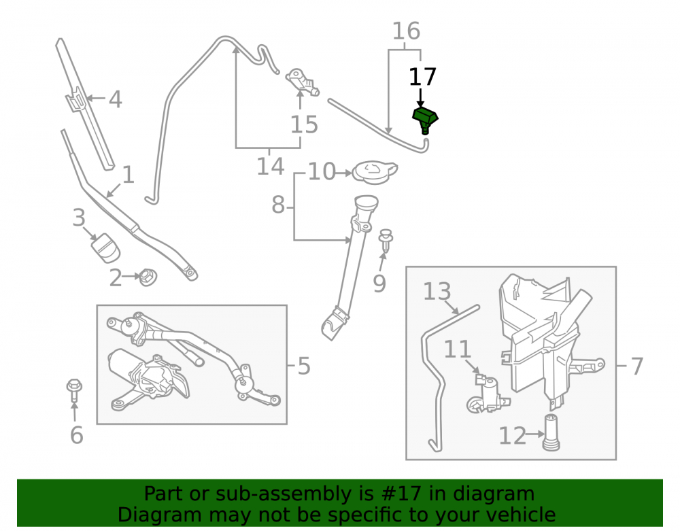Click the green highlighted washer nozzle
424,120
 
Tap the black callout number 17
422,77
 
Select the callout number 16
407,31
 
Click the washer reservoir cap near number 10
375,172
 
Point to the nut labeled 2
148,277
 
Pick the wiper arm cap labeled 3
105,248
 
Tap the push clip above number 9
386,240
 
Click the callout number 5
304,366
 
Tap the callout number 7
636,366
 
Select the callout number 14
270,167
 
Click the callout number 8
278,204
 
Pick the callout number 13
437,291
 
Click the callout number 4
115,100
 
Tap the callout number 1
128,175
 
